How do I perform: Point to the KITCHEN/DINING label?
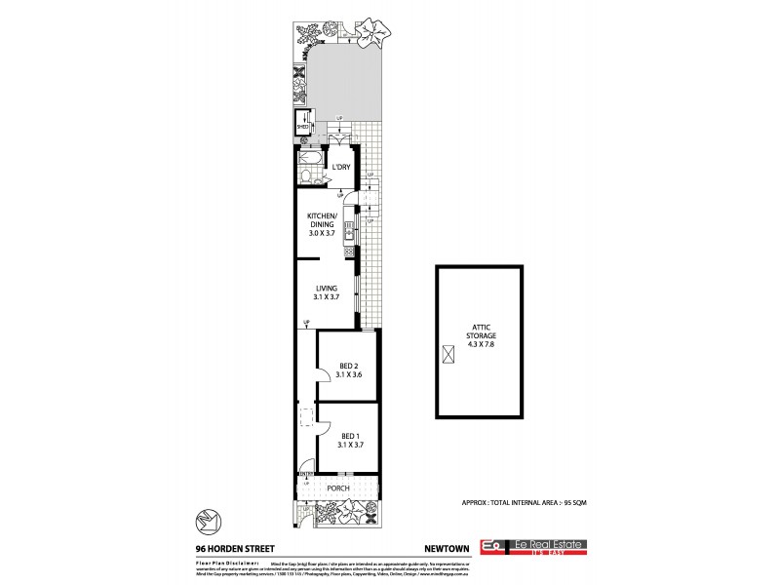(x=323, y=223)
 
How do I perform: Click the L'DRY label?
(x=341, y=168)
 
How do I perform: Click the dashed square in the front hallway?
(x=306, y=416)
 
